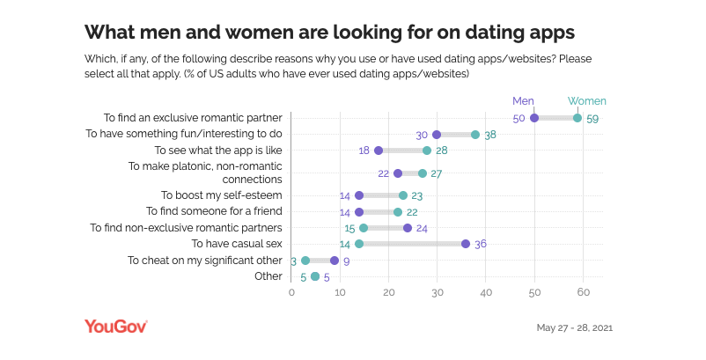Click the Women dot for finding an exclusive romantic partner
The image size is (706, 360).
pos(577,118)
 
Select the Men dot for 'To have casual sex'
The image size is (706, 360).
pos(466,244)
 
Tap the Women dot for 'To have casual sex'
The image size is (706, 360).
pos(359,244)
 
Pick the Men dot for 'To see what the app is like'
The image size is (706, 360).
pos(379,151)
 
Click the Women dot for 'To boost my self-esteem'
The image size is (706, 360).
pos(403,195)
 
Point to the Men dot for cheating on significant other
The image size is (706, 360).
pos(335,261)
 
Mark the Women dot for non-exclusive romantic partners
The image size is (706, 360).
pos(364,228)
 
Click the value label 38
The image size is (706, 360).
pos(490,135)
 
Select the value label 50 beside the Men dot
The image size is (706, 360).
pos(518,118)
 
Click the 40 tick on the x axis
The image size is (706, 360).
pos(485,293)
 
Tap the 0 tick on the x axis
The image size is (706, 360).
pos(291,293)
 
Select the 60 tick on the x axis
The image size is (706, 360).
pos(582,293)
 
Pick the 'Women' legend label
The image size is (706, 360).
pos(587,100)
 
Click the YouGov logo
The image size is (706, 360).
pos(115,327)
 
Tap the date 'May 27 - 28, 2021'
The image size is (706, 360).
pos(574,327)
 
